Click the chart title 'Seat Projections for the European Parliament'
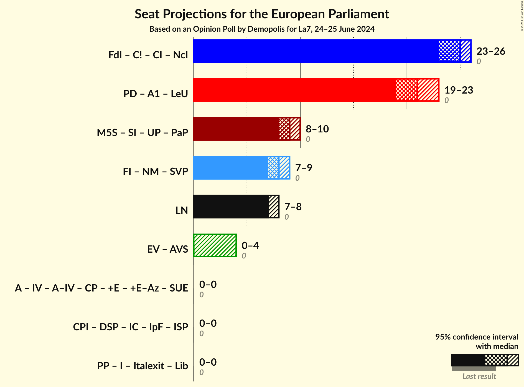click(262, 14)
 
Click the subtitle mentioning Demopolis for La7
click(262, 29)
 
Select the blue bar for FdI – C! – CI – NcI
click(316, 51)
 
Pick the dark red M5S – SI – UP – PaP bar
click(236, 129)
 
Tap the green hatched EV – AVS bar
click(215, 245)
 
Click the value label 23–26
click(491, 51)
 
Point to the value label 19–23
click(459, 90)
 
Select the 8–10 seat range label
click(317, 129)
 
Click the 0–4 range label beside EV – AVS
click(250, 246)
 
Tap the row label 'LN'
click(182, 210)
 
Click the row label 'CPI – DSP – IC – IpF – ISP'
click(131, 327)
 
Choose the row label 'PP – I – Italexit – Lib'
click(143, 366)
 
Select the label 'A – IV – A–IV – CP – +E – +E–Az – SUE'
click(101, 288)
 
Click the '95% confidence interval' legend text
click(476, 337)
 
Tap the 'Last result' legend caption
click(479, 376)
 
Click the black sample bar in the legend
click(468, 360)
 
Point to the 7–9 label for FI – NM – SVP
click(304, 168)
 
